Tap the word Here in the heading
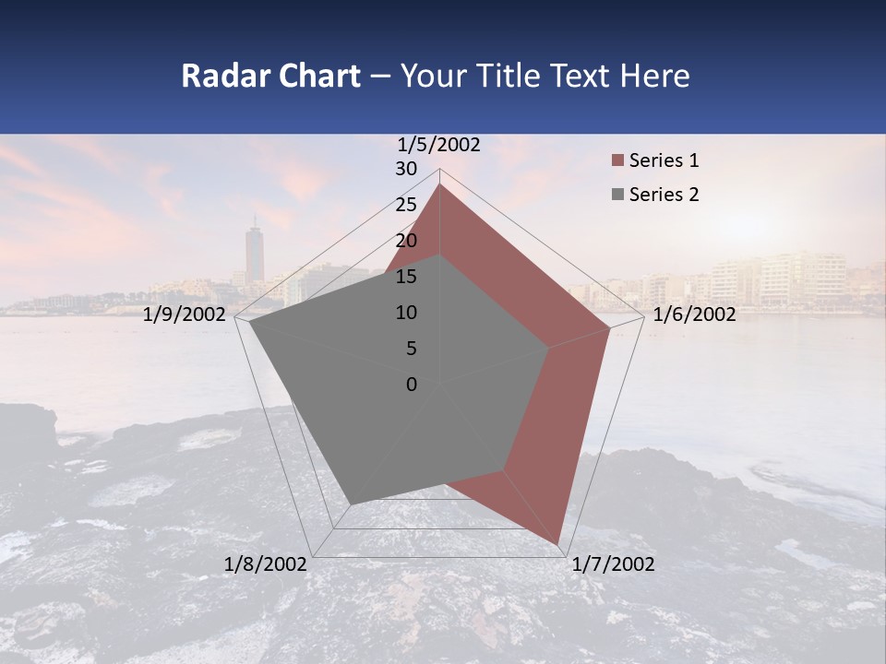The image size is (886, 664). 655,76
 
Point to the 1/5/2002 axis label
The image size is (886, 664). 439,144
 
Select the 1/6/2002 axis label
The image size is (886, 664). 694,314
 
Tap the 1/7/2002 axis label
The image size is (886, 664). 613,564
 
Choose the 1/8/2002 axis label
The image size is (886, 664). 266,564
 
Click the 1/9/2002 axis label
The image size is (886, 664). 185,314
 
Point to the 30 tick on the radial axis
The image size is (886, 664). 406,169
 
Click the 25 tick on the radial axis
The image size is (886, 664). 406,205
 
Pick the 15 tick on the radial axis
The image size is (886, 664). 406,277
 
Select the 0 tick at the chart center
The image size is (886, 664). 412,385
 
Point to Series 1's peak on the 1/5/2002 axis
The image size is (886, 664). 440,184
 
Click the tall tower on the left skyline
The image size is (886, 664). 255,254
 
